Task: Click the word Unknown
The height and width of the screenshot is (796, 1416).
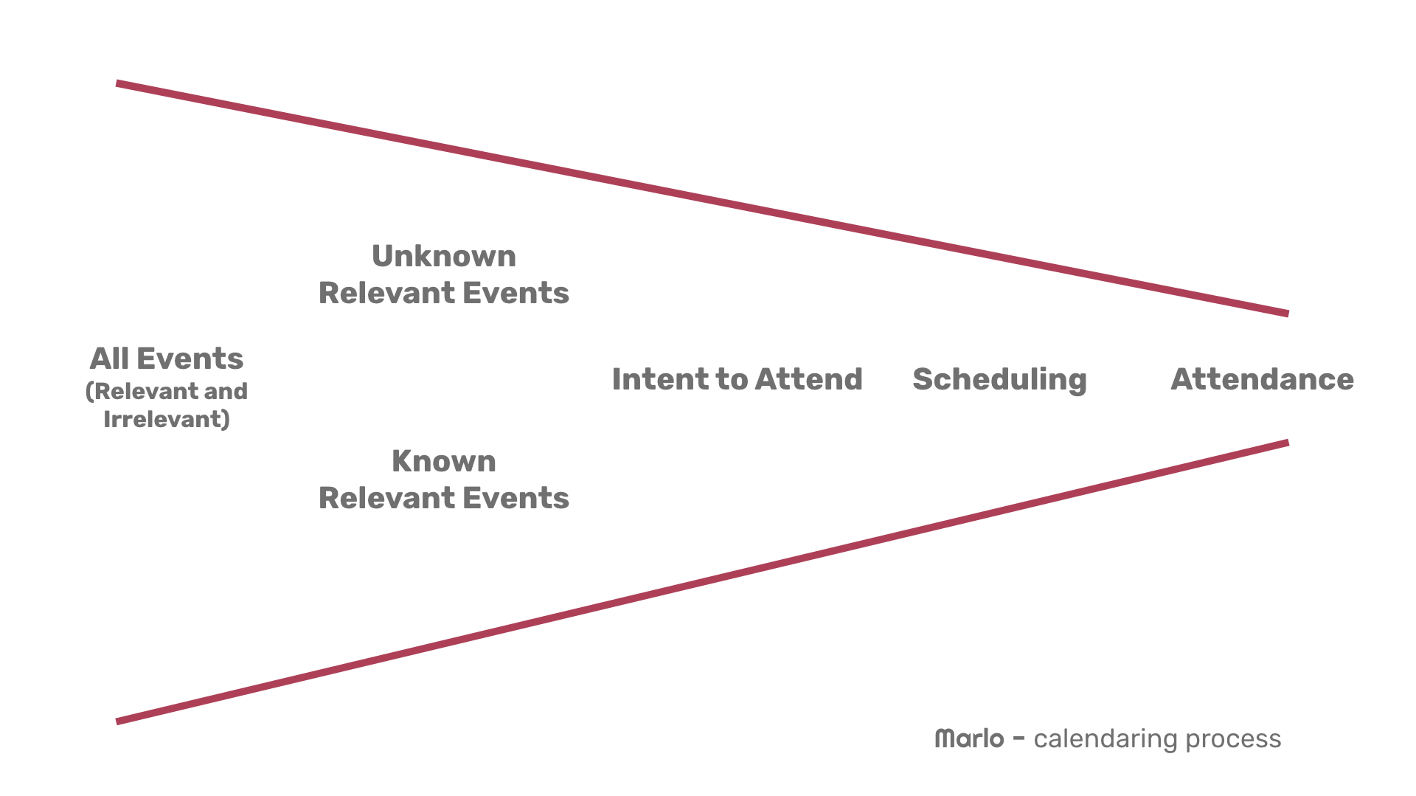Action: click(x=443, y=256)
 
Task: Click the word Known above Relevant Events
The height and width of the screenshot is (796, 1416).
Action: click(x=443, y=461)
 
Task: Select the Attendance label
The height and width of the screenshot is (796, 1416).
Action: click(x=1262, y=379)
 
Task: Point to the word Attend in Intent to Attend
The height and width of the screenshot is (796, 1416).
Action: click(x=808, y=379)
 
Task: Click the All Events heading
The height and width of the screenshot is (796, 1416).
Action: click(x=167, y=359)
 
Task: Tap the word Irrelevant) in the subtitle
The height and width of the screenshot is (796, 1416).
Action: click(x=167, y=420)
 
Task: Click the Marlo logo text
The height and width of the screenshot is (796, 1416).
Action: click(x=969, y=738)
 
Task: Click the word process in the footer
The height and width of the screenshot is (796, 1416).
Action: click(x=1233, y=741)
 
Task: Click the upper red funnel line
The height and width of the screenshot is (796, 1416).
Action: click(x=702, y=198)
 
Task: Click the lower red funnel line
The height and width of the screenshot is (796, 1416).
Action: click(x=702, y=582)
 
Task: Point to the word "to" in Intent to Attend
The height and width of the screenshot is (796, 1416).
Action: click(x=732, y=380)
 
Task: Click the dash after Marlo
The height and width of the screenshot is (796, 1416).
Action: click(x=1018, y=738)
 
